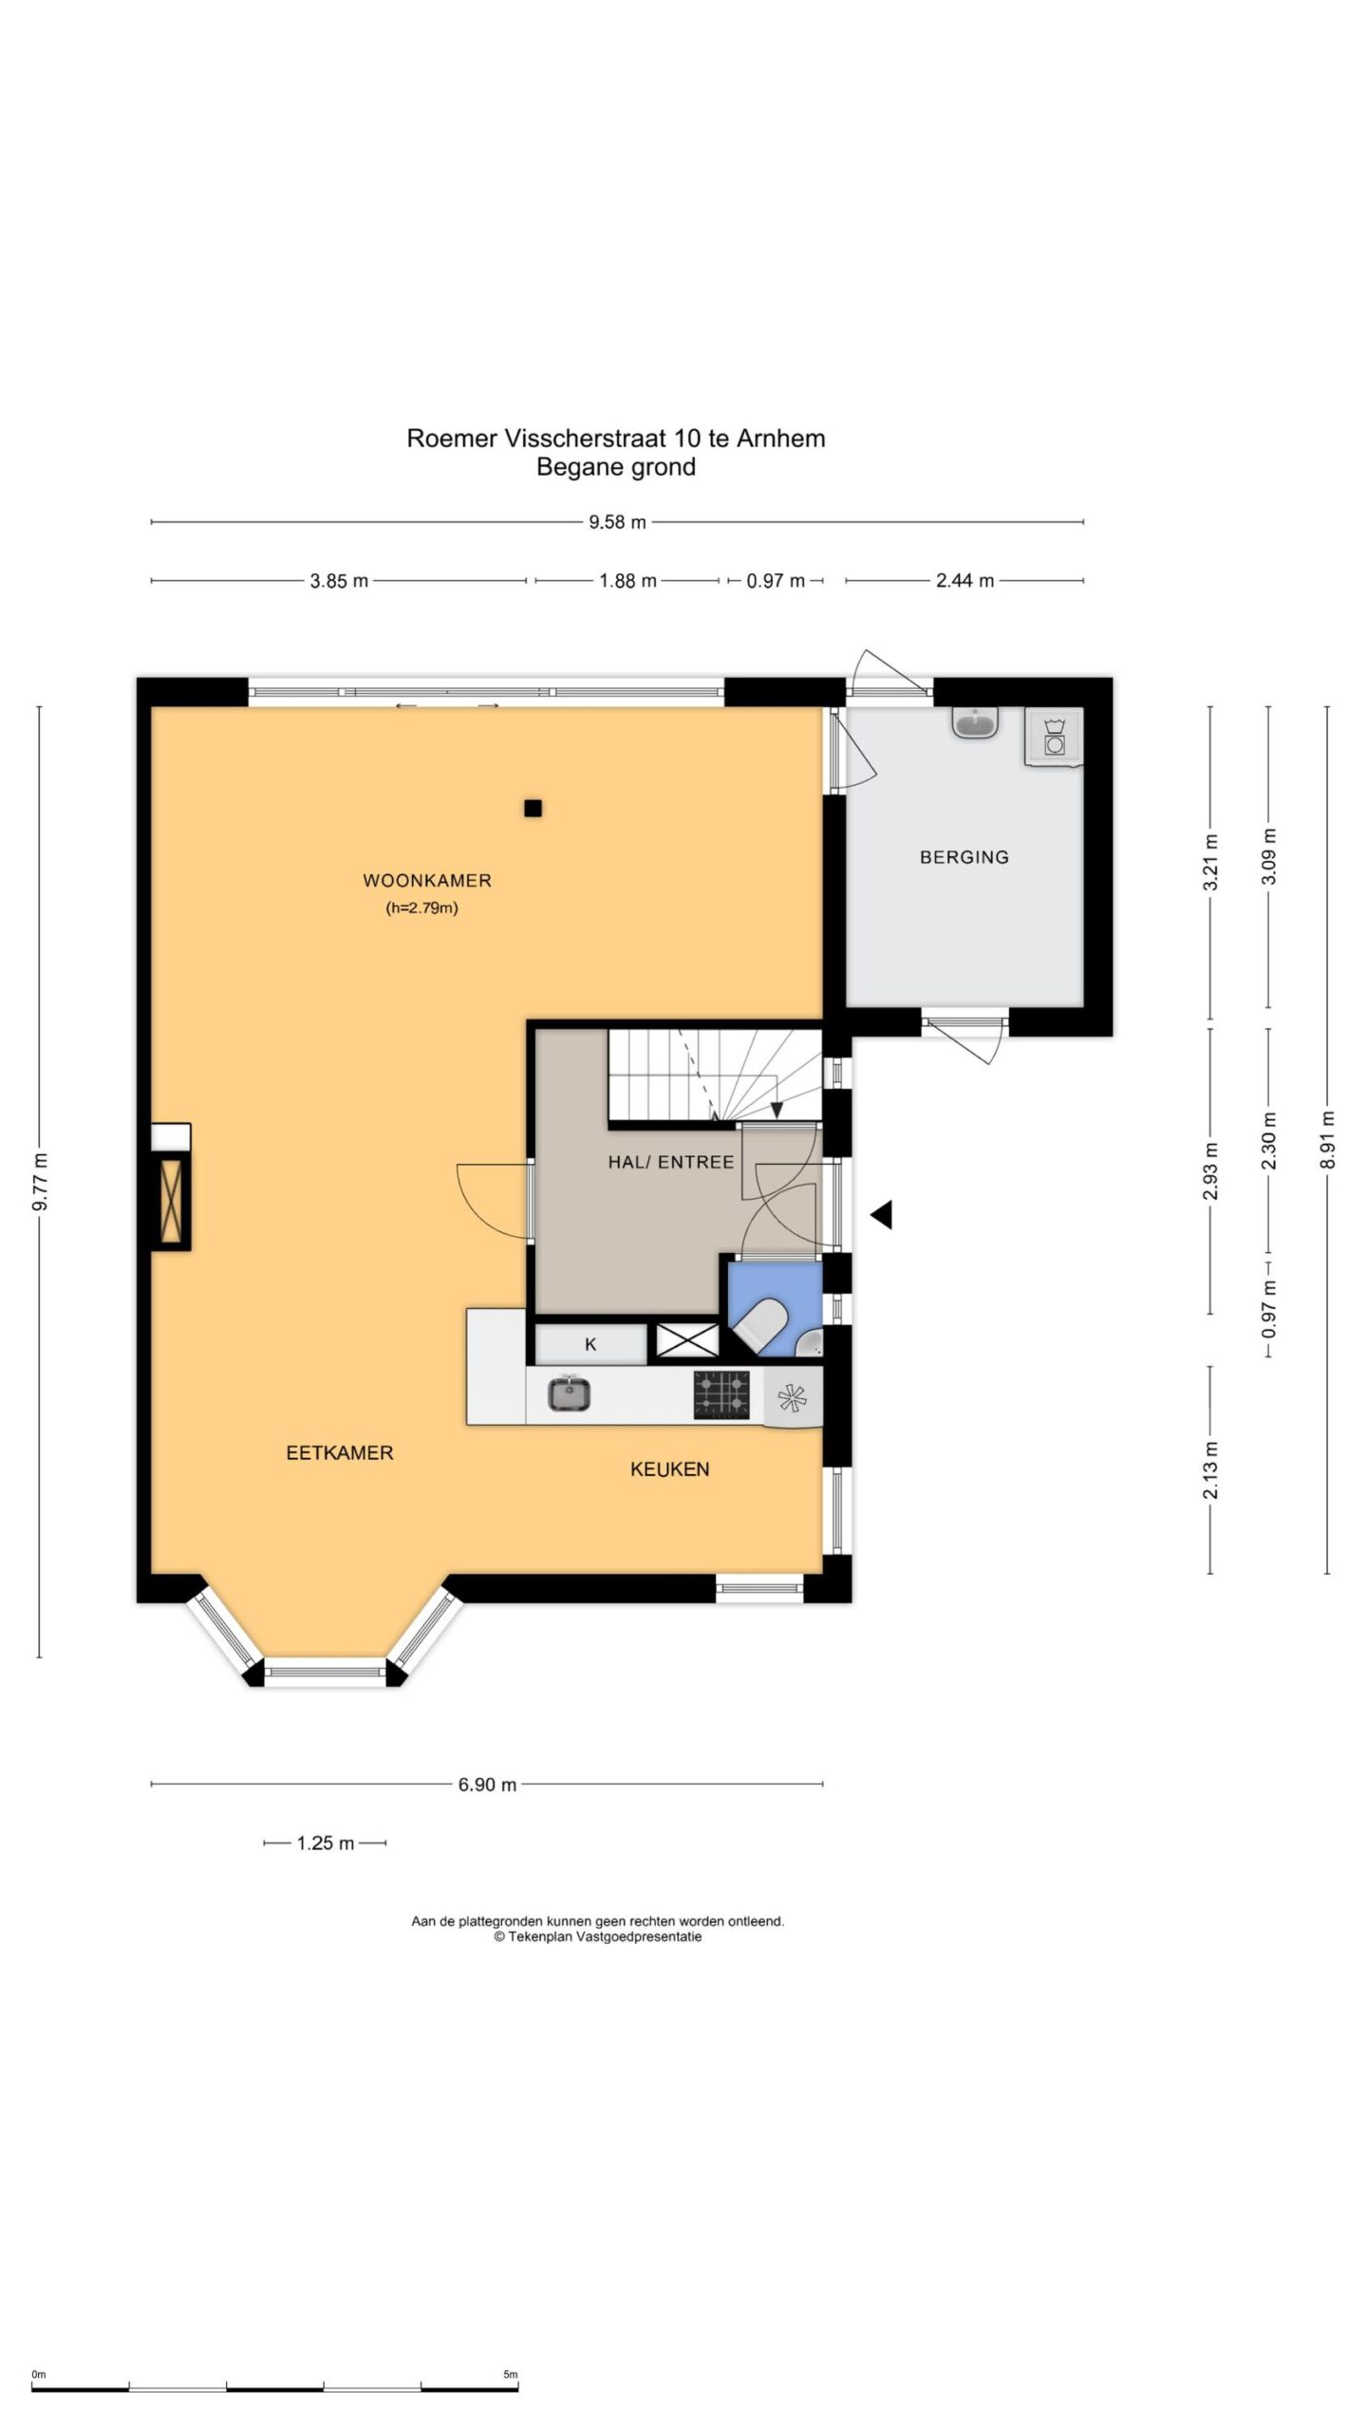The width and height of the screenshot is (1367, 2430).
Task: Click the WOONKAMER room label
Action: coord(427,880)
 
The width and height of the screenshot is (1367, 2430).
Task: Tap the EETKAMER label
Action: coord(340,1452)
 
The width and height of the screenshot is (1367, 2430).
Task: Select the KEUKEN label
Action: coord(670,1468)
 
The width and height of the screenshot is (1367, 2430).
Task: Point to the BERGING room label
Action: coord(964,857)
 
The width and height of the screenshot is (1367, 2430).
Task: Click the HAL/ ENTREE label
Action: coord(671,1162)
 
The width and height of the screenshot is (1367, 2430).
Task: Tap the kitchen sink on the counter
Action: coord(570,1393)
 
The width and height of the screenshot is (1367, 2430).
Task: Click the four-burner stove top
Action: coord(721,1394)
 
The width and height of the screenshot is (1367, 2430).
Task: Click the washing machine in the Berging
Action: coord(1054,737)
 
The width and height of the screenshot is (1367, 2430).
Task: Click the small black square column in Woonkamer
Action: coord(534,809)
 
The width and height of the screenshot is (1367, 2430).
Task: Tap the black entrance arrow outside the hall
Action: coord(882,1214)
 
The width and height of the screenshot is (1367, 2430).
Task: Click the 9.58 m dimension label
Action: coord(617,522)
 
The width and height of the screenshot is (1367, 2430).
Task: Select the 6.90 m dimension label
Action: coord(487,1785)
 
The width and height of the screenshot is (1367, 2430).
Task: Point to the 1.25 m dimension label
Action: coord(325,1843)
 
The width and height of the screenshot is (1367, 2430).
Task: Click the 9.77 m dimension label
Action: coord(40,1181)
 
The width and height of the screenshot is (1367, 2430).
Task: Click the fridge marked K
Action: coord(590,1344)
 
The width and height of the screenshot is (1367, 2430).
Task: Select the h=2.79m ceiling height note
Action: coord(421,908)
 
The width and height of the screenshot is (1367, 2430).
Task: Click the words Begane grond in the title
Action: coord(616,467)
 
